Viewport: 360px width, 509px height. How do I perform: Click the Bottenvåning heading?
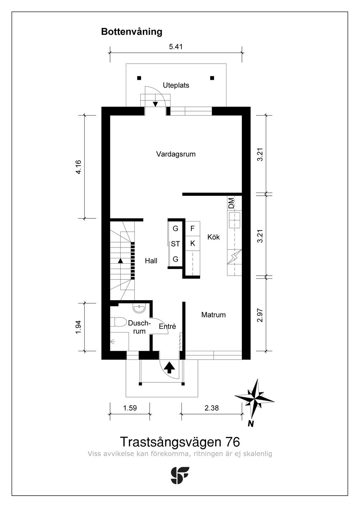131,32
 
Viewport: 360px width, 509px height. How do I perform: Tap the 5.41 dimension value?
176,46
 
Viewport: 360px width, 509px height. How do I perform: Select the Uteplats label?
176,85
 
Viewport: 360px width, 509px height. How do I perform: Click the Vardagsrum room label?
176,154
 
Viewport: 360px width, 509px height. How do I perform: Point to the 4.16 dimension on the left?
78,167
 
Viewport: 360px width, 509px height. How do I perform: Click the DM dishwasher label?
231,203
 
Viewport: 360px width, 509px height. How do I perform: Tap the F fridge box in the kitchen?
192,228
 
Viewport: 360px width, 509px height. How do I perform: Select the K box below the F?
192,243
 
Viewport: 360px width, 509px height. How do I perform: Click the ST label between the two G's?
175,244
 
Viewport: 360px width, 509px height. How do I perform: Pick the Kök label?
213,237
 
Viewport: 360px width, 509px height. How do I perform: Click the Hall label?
151,261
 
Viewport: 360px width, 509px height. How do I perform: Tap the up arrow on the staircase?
120,260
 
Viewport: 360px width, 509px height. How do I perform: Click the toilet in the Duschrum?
118,322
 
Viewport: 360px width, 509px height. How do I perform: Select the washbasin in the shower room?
139,309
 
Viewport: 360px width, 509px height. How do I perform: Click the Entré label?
167,327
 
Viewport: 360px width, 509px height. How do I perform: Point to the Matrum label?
213,315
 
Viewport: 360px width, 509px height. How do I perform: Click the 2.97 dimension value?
260,314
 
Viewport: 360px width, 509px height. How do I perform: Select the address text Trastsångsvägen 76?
180,442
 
